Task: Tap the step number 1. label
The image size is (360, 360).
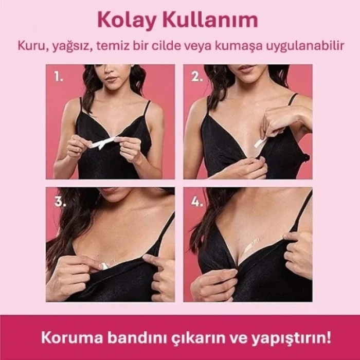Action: (x=59, y=77)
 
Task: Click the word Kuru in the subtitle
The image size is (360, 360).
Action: (x=29, y=46)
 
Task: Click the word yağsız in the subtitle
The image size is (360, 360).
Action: (x=73, y=46)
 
